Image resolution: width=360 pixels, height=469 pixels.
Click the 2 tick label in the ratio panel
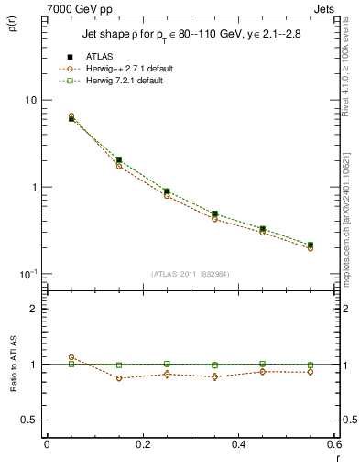pos(33,309)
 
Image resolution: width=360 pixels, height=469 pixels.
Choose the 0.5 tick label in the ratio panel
pos(29,420)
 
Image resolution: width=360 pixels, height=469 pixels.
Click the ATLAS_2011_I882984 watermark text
pos(191,273)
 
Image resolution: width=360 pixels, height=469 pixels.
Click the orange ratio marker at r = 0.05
pos(71,357)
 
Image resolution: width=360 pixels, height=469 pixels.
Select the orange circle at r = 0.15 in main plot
pos(119,166)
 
